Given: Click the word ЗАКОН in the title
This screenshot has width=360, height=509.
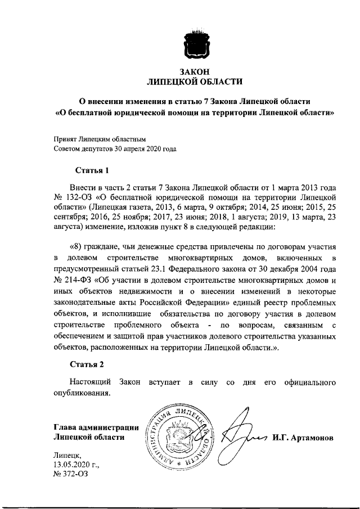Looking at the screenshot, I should [x=194, y=71].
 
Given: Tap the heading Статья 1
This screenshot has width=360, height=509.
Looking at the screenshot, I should [x=91, y=170].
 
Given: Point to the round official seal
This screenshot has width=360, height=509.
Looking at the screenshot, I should [x=181, y=436].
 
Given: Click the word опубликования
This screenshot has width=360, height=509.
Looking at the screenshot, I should [x=82, y=393].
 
